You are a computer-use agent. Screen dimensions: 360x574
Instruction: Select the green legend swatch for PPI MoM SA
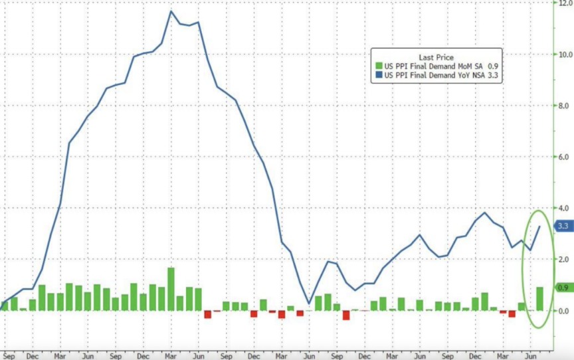[379, 66]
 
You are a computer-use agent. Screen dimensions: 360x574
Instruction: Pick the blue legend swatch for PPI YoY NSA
[379, 75]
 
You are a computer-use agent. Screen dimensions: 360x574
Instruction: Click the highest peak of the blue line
[171, 11]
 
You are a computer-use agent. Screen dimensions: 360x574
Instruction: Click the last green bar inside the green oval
[540, 299]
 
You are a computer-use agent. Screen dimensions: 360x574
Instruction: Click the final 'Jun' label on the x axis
[531, 355]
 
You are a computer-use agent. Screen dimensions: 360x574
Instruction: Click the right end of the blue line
[539, 226]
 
